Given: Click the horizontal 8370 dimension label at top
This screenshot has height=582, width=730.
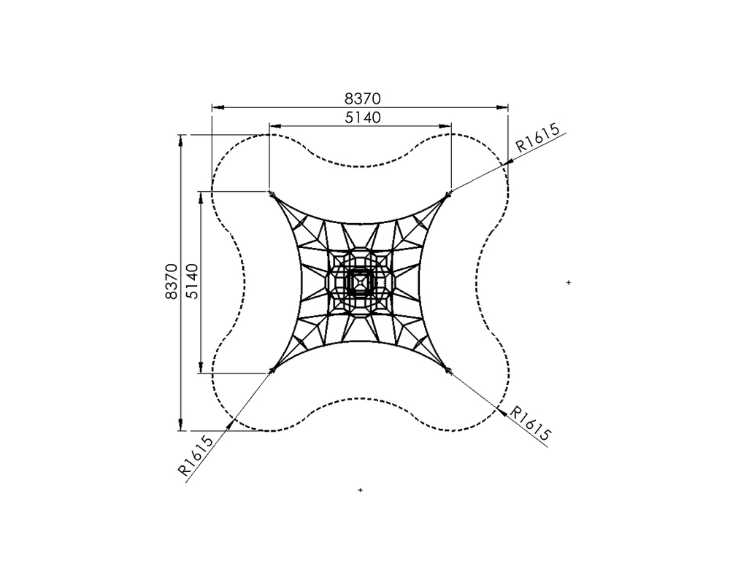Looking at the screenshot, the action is pos(362,98).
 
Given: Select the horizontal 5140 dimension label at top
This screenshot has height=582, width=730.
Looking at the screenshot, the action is pos(362,117).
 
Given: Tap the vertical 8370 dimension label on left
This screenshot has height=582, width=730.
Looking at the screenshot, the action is pos(171,282).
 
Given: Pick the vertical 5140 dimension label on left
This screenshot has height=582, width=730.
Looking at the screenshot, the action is pos(191,282).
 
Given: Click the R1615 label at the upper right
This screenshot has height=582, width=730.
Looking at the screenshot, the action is pos(538,138).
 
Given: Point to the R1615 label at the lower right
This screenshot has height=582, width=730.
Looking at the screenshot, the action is pos(531,423).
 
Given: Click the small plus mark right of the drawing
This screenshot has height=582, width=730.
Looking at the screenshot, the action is pos(569,282).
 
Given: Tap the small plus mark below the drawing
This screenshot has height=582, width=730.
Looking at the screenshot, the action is pos(360,490).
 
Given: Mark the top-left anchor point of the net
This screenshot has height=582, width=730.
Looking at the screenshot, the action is pos(271,193).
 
